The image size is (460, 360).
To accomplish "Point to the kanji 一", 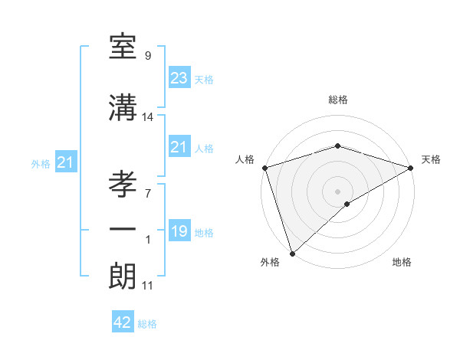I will coord(123,230).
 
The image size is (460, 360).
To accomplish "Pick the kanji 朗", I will coord(123,276).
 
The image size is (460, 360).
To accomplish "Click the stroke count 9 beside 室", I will coord(147,56).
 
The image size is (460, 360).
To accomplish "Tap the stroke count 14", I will coord(148,117).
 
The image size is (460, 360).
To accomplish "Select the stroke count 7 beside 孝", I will coord(147,193).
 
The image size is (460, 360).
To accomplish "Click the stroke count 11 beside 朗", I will coord(147,286).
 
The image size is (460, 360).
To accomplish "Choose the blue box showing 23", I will coord(179,78).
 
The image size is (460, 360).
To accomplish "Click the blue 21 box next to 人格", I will coord(179,147).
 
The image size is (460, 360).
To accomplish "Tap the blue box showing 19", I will coord(179,231).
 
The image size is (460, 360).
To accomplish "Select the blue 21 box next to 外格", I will coord(66,162).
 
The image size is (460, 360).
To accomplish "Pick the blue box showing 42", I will coord(123,322).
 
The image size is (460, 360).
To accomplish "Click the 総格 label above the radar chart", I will coord(338,100).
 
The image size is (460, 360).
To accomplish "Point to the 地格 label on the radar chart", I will coord(402,262).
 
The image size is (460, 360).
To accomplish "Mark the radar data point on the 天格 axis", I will coord(411,167).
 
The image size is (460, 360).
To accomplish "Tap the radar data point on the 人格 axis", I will coord(264,167).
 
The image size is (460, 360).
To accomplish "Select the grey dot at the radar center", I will coord(337,191).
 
